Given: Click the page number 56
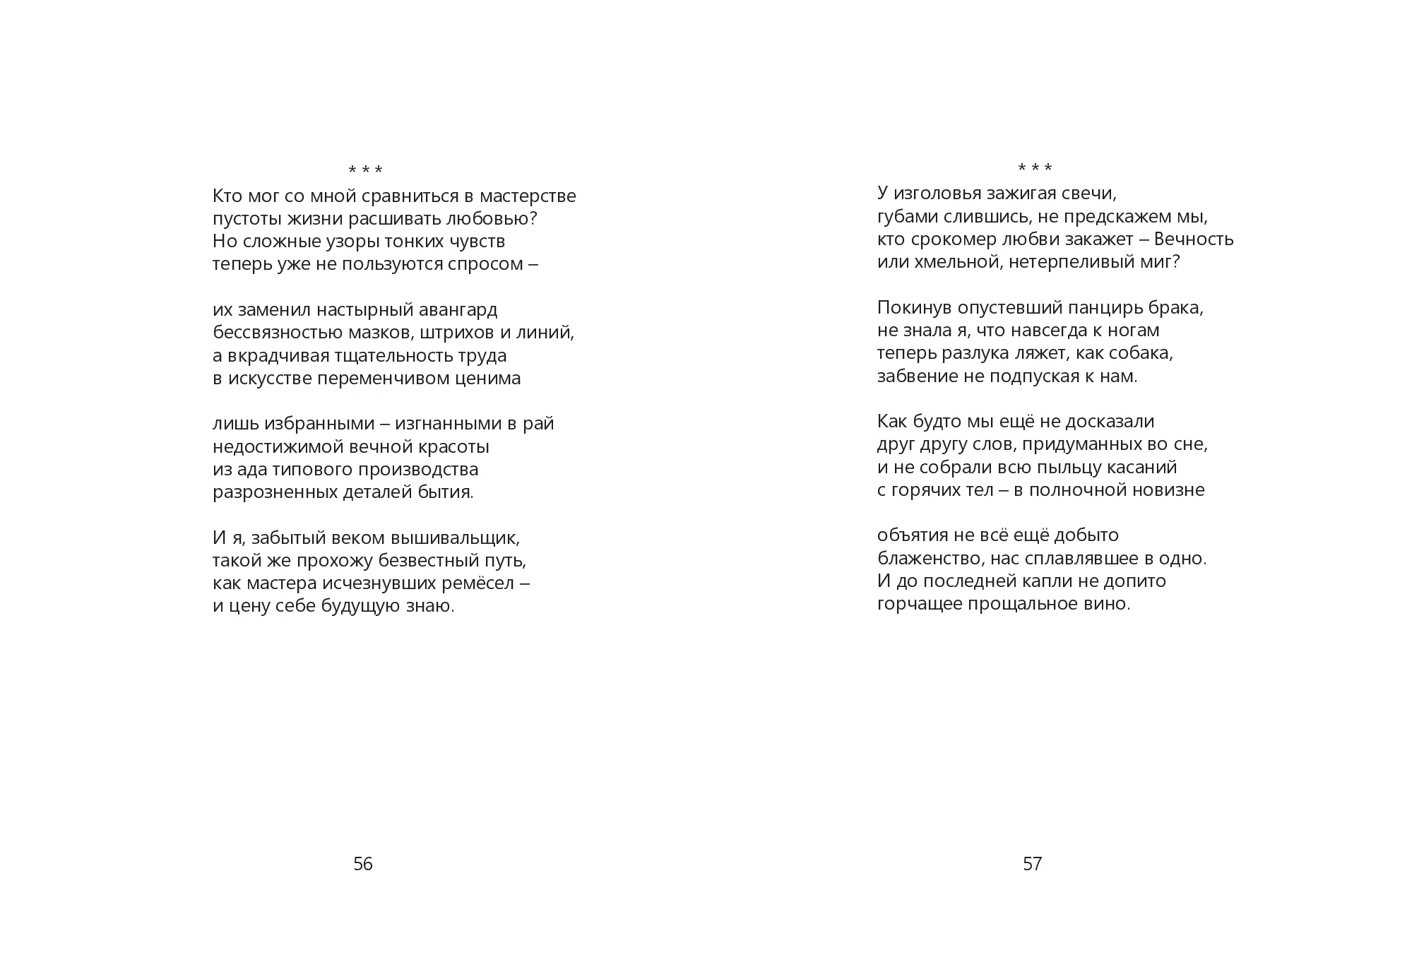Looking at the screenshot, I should tap(362, 864).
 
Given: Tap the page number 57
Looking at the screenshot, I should tap(1032, 864).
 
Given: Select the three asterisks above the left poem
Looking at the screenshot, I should tap(365, 170).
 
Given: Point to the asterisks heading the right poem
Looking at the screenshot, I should tap(1035, 168).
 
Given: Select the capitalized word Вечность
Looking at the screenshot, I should tap(1195, 239).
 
